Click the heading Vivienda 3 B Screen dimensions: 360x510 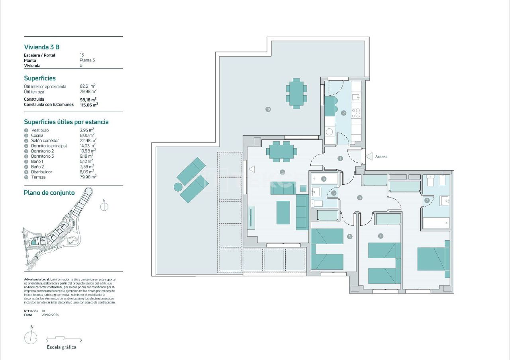pyautogui.click(x=41, y=47)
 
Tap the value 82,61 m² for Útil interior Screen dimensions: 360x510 pyautogui.click(x=88, y=86)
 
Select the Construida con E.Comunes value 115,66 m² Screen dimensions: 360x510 pyautogui.click(x=89, y=104)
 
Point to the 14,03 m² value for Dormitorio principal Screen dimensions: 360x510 pyautogui.click(x=88, y=146)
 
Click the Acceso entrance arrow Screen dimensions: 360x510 pyautogui.click(x=369, y=157)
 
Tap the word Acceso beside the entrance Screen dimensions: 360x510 pyautogui.click(x=381, y=157)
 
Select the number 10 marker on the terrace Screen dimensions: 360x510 pyautogui.click(x=268, y=109)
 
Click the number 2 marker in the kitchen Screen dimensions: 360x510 pyautogui.click(x=343, y=113)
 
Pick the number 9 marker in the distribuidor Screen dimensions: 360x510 pyautogui.click(x=360, y=197)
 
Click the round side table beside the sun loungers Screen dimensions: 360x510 pyautogui.click(x=178, y=186)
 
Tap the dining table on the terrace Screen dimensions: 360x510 pyautogui.click(x=296, y=93)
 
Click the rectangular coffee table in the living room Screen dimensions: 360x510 pyautogui.click(x=283, y=212)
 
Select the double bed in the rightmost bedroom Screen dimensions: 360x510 pyautogui.click(x=433, y=259)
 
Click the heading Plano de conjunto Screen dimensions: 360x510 pyautogui.click(x=49, y=193)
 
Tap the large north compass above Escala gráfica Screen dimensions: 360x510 pyautogui.click(x=31, y=338)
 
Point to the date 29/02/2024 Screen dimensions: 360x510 pyautogui.click(x=50, y=315)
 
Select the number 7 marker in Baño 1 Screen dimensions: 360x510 pyautogui.click(x=427, y=201)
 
